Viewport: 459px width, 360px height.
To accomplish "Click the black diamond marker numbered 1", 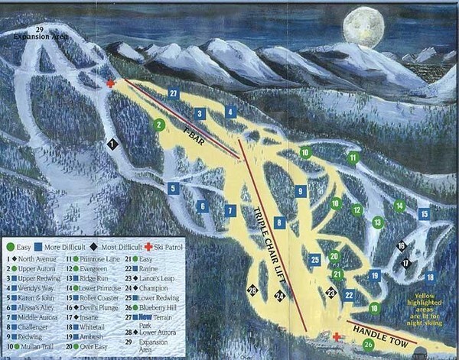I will [112, 143].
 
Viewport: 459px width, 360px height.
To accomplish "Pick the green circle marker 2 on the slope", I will [159, 125].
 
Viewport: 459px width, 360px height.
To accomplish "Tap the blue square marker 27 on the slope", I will [174, 93].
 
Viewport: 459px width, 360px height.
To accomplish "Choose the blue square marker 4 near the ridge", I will [230, 112].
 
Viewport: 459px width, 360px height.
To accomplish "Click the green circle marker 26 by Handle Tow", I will [368, 345].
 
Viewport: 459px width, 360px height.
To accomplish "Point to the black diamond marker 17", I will [406, 262].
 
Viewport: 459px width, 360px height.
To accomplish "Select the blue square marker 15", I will [425, 214].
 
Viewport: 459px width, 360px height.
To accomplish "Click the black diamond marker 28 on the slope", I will [252, 290].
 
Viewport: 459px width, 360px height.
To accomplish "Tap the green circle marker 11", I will [353, 158].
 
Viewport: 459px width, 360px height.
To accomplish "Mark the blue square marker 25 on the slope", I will [314, 260].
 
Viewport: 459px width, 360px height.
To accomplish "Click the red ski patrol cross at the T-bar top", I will [111, 83].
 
